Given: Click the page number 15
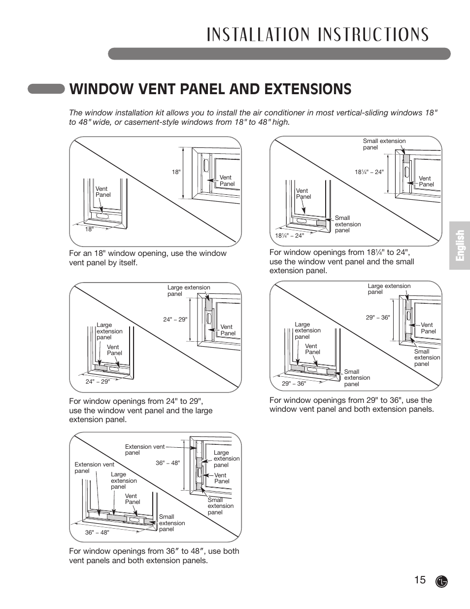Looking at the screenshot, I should pyautogui.click(x=420, y=580).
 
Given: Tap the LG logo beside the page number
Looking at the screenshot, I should pyautogui.click(x=442, y=581).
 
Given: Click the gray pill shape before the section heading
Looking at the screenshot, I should pyautogui.click(x=46, y=89).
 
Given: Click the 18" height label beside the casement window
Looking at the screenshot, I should pyautogui.click(x=176, y=172).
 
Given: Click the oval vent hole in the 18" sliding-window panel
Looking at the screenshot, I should pyautogui.click(x=103, y=216).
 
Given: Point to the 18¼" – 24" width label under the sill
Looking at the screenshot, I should pyautogui.click(x=289, y=236).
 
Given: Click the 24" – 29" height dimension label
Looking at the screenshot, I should pyautogui.click(x=175, y=320).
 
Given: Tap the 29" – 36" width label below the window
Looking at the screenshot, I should pyautogui.click(x=294, y=384).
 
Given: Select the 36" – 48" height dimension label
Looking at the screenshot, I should pyautogui.click(x=168, y=463).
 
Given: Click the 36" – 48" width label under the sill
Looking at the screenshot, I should pyautogui.click(x=97, y=533).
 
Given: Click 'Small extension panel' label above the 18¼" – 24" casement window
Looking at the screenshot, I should pyautogui.click(x=384, y=144).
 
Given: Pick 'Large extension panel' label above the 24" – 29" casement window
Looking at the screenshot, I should pyautogui.click(x=188, y=290).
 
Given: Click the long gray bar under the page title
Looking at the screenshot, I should pyautogui.click(x=279, y=54).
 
